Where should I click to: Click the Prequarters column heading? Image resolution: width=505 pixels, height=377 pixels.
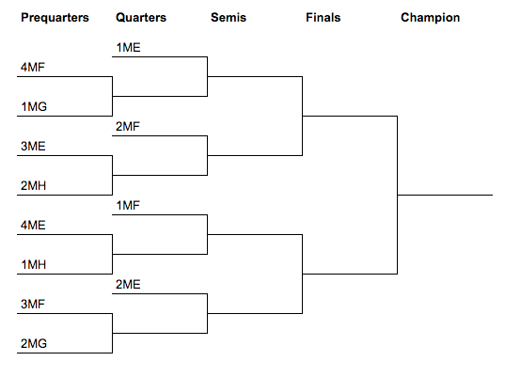coord(55,17)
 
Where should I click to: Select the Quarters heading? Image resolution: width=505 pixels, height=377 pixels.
coord(141,17)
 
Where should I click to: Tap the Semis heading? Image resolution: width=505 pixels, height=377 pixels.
coord(229,17)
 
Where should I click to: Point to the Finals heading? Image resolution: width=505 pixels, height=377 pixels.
coord(324,17)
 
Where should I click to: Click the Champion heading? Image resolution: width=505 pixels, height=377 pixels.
coord(431,17)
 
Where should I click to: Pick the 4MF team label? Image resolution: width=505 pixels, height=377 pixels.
coord(33,68)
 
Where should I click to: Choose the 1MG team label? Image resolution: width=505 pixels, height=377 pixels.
coord(34,106)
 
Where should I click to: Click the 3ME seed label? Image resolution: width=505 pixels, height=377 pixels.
coord(33,146)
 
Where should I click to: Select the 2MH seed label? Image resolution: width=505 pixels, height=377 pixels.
coord(34,186)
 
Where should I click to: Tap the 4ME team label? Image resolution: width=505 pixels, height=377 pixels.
coord(33,225)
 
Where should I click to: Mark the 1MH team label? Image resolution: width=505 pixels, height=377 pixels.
coord(34,264)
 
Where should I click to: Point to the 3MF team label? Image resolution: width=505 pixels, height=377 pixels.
coord(33,304)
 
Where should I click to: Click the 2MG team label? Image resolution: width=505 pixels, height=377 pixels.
coord(34,343)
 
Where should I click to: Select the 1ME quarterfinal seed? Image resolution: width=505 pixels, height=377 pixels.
coord(128,48)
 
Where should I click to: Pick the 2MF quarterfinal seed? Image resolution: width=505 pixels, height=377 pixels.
coord(128,127)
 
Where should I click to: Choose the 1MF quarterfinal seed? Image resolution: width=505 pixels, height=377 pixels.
coord(128,205)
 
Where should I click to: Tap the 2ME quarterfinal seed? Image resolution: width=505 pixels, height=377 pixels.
coord(128,284)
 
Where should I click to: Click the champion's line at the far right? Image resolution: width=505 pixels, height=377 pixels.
coord(445,195)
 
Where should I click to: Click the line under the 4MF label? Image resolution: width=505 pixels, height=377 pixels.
coord(65,77)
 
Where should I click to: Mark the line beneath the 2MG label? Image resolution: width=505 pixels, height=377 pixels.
coord(65,353)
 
